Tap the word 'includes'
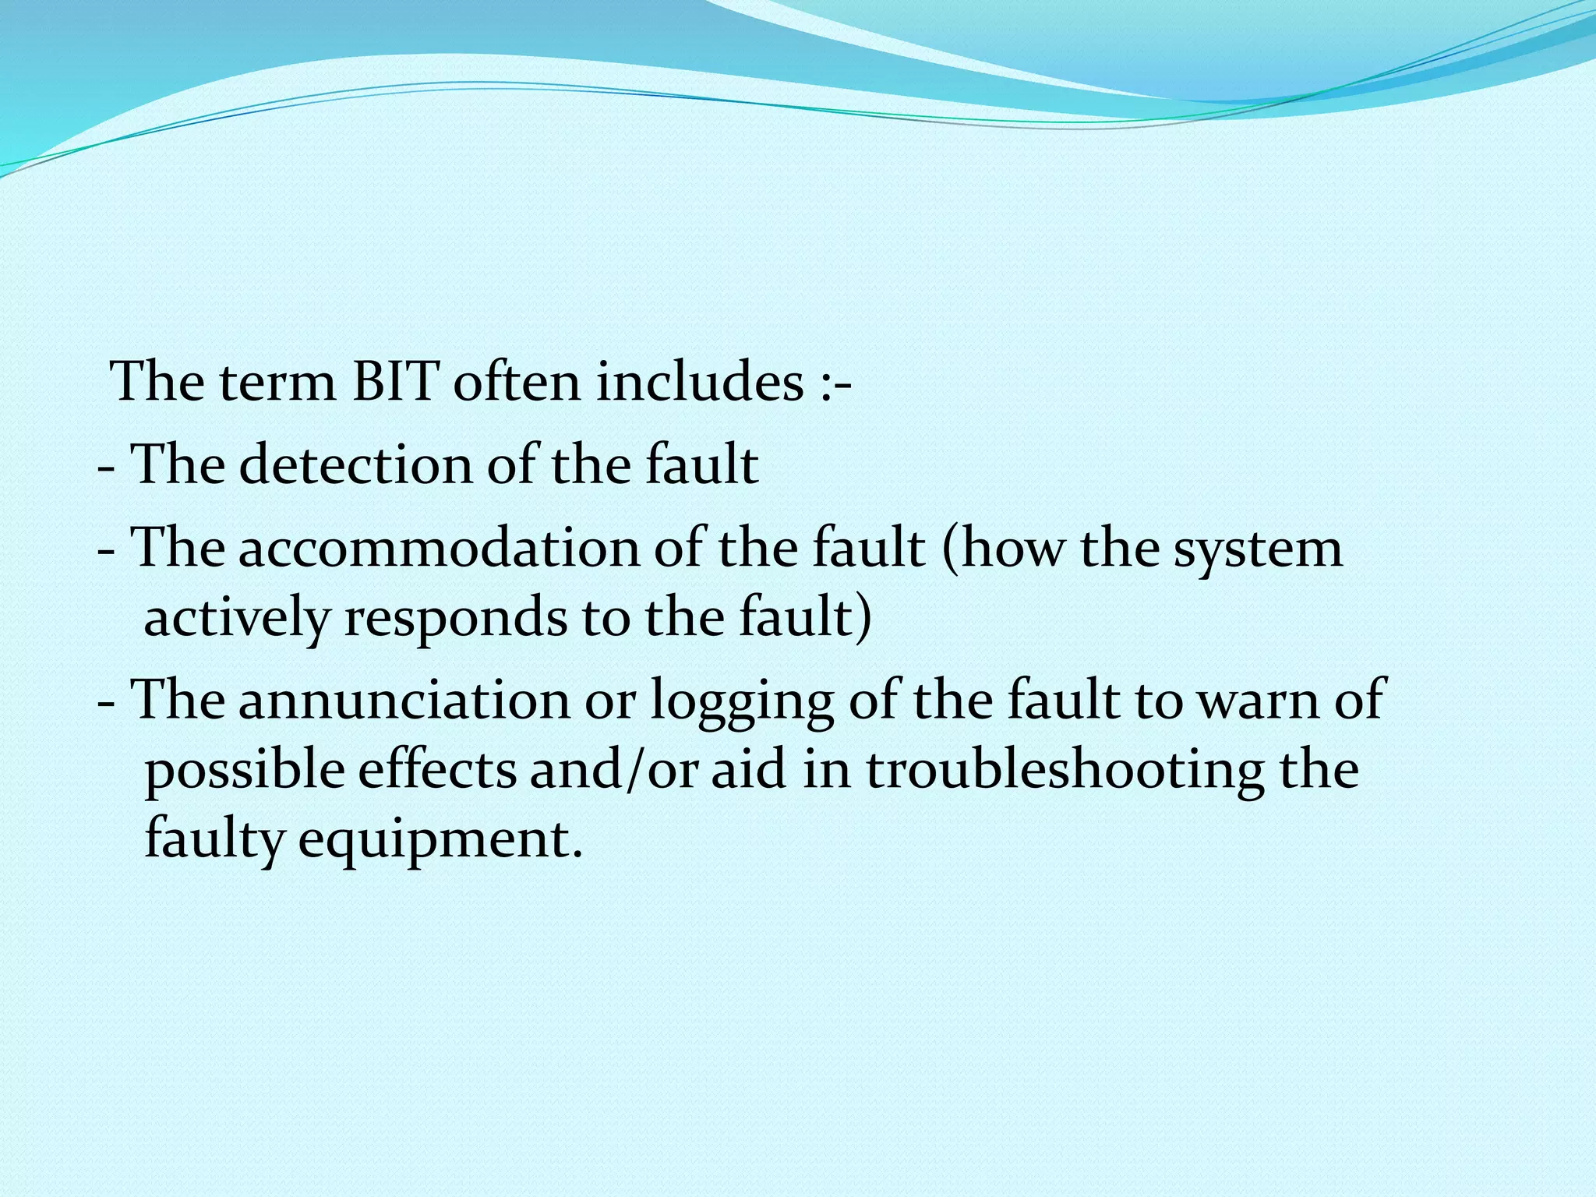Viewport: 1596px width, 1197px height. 699,383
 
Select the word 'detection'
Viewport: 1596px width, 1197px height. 355,465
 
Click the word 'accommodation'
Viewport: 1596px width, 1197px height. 437,548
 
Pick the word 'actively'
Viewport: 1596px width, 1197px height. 237,620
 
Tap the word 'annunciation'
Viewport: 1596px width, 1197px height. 404,699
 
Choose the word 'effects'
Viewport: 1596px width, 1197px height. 437,769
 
